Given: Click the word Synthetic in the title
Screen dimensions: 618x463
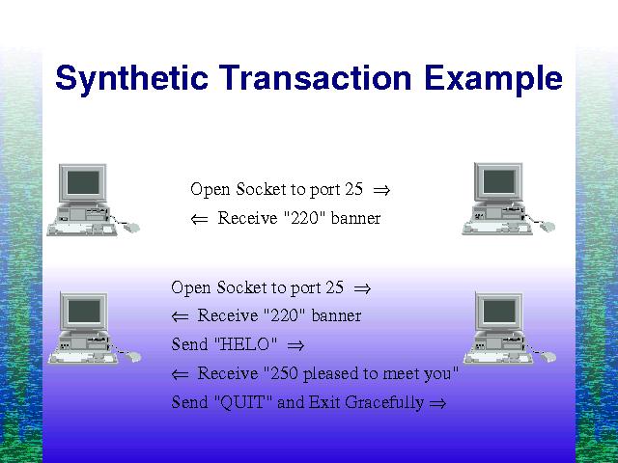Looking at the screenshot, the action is point(131,79).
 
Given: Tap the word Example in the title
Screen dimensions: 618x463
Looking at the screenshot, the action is point(493,80).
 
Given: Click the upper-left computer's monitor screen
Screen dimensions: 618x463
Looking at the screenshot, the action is point(83,182).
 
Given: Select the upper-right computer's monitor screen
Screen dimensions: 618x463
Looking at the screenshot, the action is point(498,181).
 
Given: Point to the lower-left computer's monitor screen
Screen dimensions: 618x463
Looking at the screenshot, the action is point(84,312).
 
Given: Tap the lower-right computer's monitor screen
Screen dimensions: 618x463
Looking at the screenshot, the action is point(499,311).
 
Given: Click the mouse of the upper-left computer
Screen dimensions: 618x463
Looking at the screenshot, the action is point(131,228).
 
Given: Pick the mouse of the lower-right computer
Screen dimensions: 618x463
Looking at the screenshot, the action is point(548,357).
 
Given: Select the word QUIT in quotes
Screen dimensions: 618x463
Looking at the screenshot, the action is point(242,403).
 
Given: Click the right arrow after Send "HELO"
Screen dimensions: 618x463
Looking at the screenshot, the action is point(295,345).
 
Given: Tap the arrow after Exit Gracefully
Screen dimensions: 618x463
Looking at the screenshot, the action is point(437,403).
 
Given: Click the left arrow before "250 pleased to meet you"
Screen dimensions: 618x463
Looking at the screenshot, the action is point(180,374).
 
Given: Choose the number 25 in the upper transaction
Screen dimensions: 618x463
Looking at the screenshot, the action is point(353,189).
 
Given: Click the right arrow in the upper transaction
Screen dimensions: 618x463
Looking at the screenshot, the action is point(381,191).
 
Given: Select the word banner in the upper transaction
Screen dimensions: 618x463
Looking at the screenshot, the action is point(356,218).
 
